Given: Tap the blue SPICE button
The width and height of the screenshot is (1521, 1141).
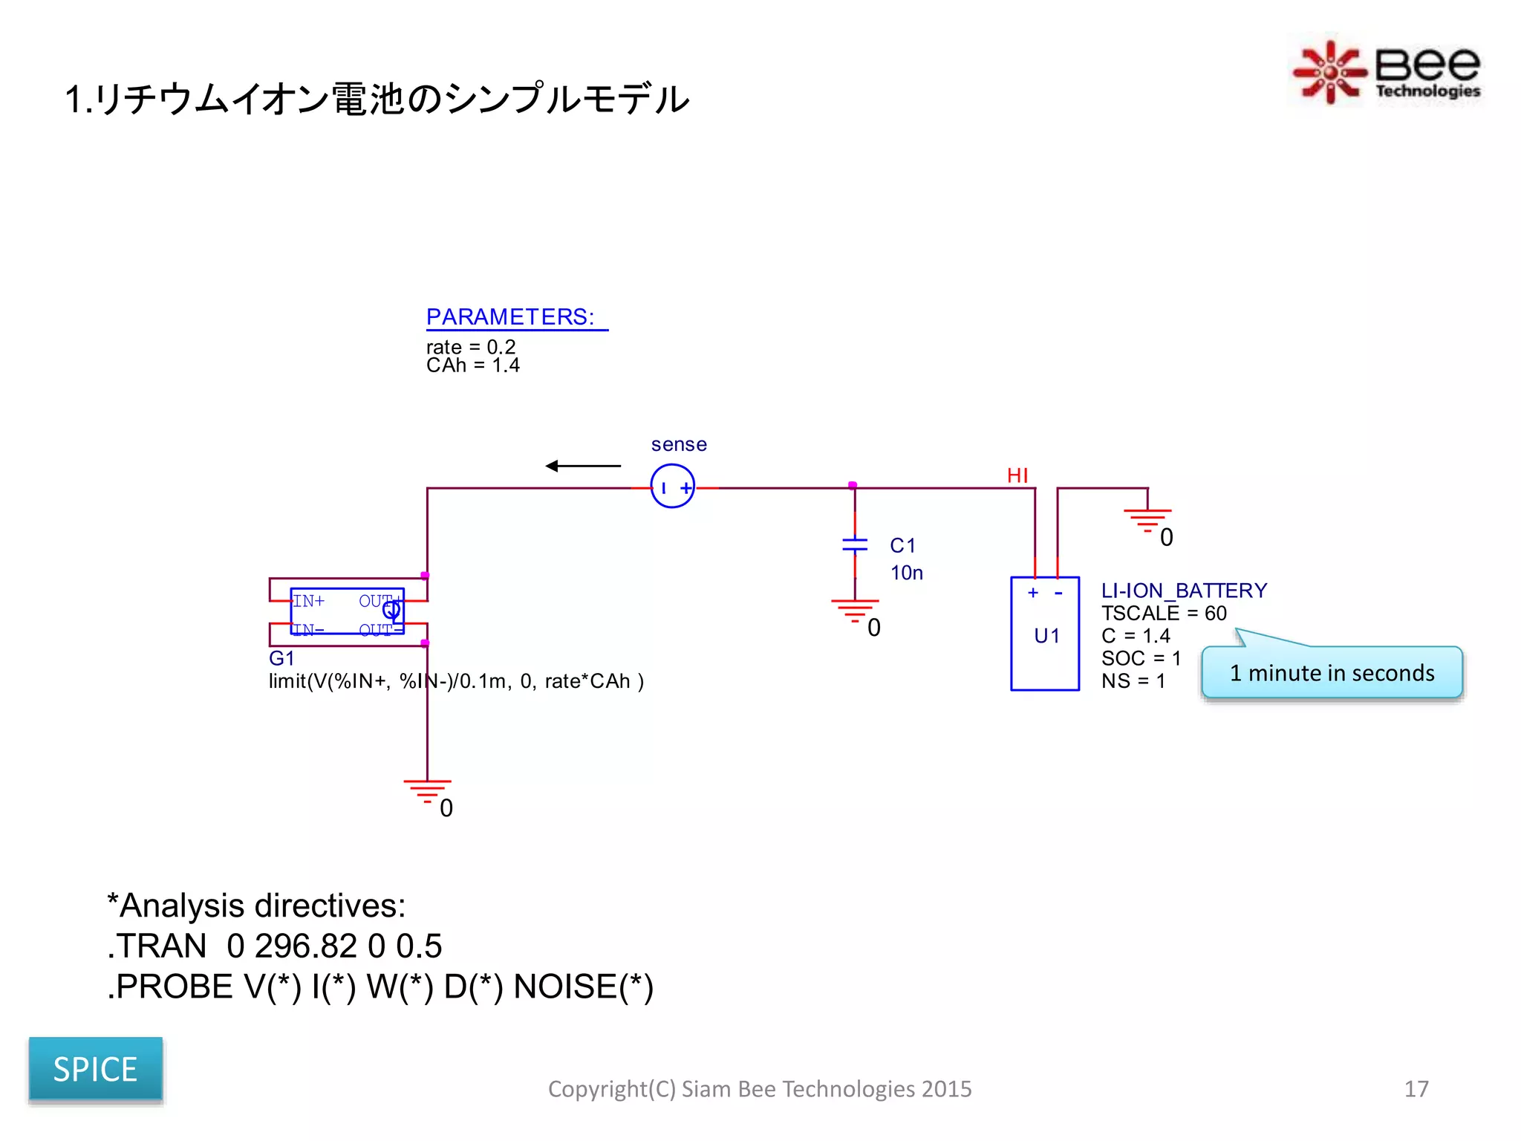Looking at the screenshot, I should pos(95,1069).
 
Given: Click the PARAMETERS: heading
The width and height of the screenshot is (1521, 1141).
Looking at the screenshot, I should pos(510,317).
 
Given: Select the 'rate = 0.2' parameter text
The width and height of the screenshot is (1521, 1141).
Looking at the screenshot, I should pos(470,347).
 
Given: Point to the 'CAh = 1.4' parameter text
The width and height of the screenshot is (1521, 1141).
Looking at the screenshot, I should pos(472,365).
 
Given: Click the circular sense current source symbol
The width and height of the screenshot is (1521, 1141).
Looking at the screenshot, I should pos(672,487).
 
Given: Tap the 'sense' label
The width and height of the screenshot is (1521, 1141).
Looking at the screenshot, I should pos(679,444).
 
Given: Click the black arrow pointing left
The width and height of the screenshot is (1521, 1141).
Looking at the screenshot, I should pos(583,466).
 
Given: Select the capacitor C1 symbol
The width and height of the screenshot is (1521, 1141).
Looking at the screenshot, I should pos(855,545).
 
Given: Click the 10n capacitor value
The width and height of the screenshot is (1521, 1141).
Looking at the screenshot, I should pos(907,573).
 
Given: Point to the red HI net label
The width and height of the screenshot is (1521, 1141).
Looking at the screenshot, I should pos(1017,475).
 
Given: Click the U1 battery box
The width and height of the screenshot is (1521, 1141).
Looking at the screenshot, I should pos(1045,634).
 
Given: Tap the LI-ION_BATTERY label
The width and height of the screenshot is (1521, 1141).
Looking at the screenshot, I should pos(1184,591).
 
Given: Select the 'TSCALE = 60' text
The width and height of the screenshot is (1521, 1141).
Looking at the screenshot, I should pos(1164,614).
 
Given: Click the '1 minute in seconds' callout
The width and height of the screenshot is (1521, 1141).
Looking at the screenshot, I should pos(1332,673).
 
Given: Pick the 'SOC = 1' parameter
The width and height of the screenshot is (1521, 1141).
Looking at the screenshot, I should pos(1141,659).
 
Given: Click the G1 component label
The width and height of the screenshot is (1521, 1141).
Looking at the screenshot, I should pos(281,659).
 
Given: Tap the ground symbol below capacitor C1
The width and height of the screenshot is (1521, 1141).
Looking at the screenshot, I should pos(855,611).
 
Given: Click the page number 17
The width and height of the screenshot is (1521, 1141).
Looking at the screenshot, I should pos(1416,1089).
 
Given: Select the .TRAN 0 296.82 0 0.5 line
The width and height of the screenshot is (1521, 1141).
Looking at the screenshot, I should pos(275,946).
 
